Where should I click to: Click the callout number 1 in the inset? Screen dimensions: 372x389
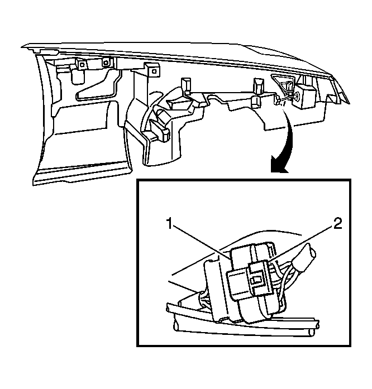click(x=169, y=223)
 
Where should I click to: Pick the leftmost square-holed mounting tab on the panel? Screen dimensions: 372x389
click(x=82, y=65)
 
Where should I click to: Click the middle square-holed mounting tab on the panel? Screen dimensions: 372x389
click(x=106, y=63)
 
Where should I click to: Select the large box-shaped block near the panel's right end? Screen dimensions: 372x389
click(x=307, y=96)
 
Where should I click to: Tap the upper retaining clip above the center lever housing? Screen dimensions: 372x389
click(x=186, y=85)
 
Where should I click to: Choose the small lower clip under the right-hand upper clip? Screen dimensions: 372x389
click(x=256, y=102)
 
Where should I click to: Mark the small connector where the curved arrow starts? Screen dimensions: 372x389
click(x=276, y=100)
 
